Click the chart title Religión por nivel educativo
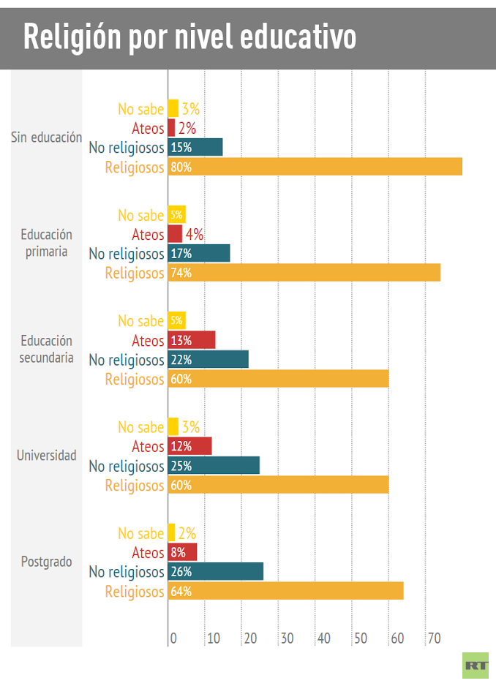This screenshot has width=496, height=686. pyautogui.click(x=189, y=37)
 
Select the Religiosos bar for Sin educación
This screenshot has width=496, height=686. pyautogui.click(x=315, y=167)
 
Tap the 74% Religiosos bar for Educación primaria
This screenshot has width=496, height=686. pyautogui.click(x=304, y=273)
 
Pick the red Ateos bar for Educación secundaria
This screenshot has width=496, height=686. pyautogui.click(x=192, y=340)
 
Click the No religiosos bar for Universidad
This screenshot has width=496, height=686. pyautogui.click(x=214, y=466)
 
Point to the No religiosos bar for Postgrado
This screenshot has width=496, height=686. pyautogui.click(x=215, y=572)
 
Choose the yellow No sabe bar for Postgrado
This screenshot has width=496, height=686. pyautogui.click(x=172, y=533)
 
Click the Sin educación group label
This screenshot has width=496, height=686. pyautogui.click(x=46, y=137)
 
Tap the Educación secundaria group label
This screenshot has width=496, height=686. pyautogui.click(x=46, y=350)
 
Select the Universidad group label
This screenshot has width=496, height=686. pyautogui.click(x=46, y=456)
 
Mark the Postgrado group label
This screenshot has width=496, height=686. pyautogui.click(x=46, y=562)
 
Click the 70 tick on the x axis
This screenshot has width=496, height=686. pyautogui.click(x=434, y=638)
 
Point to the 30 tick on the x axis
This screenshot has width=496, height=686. pyautogui.click(x=287, y=638)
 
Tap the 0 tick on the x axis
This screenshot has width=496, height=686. pyautogui.click(x=173, y=638)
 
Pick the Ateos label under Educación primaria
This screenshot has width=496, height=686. pyautogui.click(x=148, y=235)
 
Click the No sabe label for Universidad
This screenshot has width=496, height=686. pyautogui.click(x=141, y=427)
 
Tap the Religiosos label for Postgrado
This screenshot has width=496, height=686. pyautogui.click(x=135, y=592)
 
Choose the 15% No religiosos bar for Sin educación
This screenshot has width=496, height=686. pyautogui.click(x=195, y=147)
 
